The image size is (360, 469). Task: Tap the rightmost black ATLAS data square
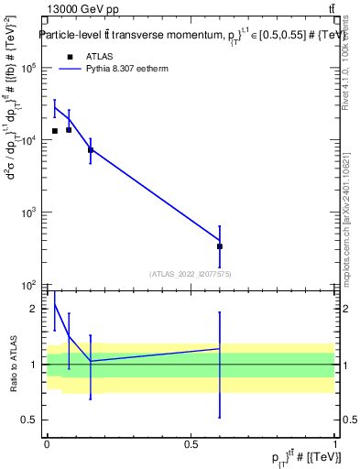(x=220, y=246)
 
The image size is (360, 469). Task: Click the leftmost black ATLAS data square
(x=55, y=131)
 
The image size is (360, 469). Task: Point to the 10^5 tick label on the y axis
(x=29, y=68)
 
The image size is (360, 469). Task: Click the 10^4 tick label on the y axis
(x=29, y=140)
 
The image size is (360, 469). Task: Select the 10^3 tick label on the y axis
(x=29, y=213)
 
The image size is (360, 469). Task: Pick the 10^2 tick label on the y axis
(x=29, y=285)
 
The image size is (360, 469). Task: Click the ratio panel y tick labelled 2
(x=34, y=309)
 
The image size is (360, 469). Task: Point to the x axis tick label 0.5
(x=191, y=444)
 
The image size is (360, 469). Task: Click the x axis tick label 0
(x=47, y=444)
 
